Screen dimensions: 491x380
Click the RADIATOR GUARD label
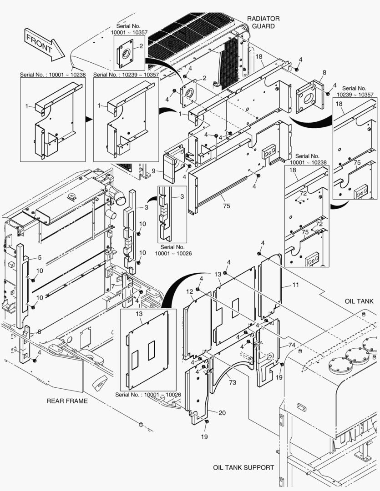click(263, 22)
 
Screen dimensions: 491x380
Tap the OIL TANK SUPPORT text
click(243, 467)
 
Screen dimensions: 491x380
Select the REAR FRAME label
click(67, 401)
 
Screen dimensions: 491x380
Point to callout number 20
click(222, 413)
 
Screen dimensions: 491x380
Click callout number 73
click(232, 382)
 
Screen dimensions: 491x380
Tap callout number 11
click(295, 285)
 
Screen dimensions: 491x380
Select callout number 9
click(154, 171)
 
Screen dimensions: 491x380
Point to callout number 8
click(324, 72)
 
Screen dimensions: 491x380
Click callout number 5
click(40, 258)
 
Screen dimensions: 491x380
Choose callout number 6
click(39, 332)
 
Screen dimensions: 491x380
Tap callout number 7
click(112, 286)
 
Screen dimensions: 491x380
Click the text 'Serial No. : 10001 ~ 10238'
click(52, 74)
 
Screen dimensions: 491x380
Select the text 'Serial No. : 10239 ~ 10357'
click(126, 74)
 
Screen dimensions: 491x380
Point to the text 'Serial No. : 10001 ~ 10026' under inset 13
click(147, 394)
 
